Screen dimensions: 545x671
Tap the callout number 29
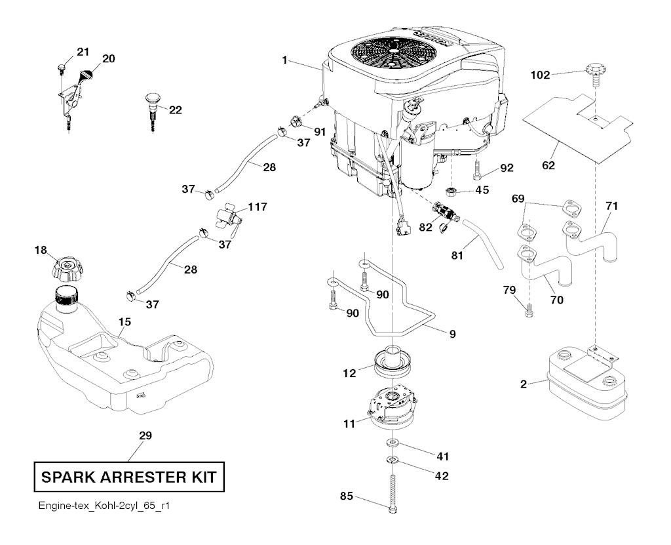pos(145,435)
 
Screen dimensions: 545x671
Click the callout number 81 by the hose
pos(457,252)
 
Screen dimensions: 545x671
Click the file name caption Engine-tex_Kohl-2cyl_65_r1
pos(99,507)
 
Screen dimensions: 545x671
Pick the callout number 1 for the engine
pos(285,60)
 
